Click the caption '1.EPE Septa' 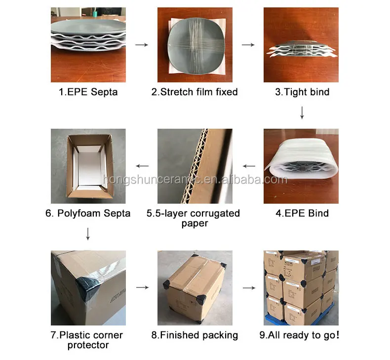tap(88, 92)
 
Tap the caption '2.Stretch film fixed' tap(195, 92)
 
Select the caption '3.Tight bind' tap(302, 92)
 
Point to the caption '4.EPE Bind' tap(302, 213)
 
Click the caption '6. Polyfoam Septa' tap(88, 214)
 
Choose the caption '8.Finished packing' tap(195, 335)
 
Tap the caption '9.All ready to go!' tap(299, 335)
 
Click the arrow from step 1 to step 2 tap(142, 45)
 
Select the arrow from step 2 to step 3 tap(248, 45)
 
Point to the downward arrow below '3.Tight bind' tap(302, 113)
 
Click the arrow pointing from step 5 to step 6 tap(142, 166)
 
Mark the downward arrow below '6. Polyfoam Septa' tap(88, 234)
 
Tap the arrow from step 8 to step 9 tap(249, 288)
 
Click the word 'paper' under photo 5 tap(195, 223)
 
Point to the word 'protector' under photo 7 tap(88, 345)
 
